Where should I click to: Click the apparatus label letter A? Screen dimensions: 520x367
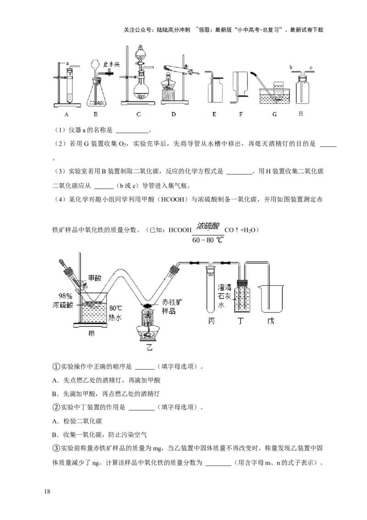pyautogui.click(x=67, y=114)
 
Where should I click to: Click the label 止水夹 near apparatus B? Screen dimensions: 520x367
pyautogui.click(x=111, y=65)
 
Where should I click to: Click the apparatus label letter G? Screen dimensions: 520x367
pyautogui.click(x=274, y=114)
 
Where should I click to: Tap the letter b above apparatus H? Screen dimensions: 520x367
pyautogui.click(x=291, y=68)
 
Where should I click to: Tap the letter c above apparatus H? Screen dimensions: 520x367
pyautogui.click(x=311, y=68)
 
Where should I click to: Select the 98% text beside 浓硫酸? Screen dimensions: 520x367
pyautogui.click(x=64, y=296)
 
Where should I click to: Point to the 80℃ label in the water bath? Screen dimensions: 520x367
pyautogui.click(x=116, y=307)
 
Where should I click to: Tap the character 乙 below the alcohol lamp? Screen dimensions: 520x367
pyautogui.click(x=149, y=346)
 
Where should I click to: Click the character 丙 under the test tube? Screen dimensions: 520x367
pyautogui.click(x=211, y=321)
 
